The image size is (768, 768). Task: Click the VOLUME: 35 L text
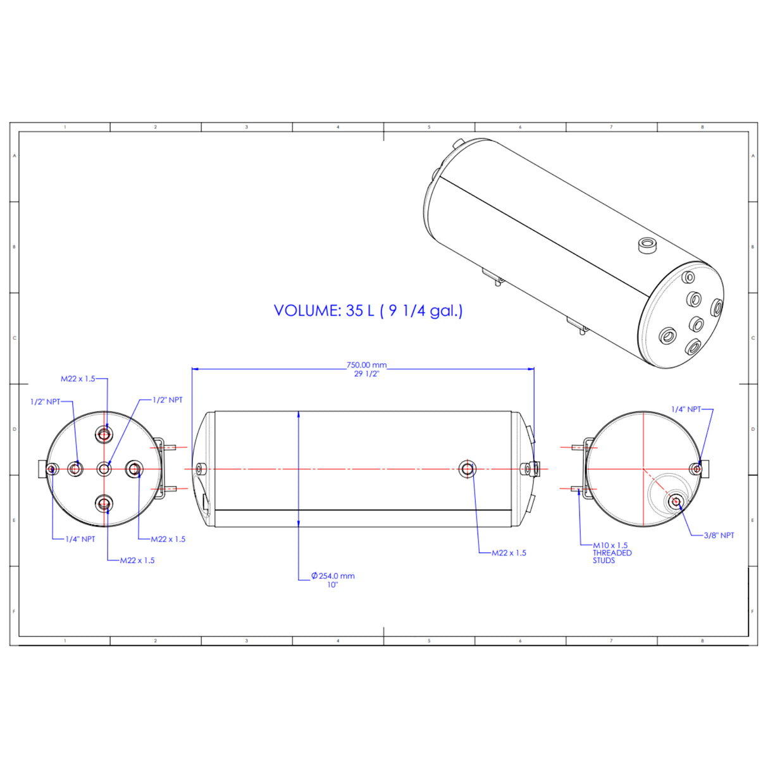(x=324, y=311)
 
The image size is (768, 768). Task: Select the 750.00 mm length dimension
(x=366, y=364)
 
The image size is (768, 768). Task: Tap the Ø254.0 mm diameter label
(x=333, y=576)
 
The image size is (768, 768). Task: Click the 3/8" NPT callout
(x=719, y=535)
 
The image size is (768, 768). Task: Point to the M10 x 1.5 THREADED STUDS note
(x=612, y=553)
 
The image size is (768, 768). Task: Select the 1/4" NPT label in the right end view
(x=686, y=409)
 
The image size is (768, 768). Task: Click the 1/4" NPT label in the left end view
(x=80, y=539)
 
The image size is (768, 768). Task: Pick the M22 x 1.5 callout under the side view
(x=509, y=553)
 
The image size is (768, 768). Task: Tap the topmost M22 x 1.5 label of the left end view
(x=78, y=378)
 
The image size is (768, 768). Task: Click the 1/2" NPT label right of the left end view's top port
(x=168, y=400)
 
